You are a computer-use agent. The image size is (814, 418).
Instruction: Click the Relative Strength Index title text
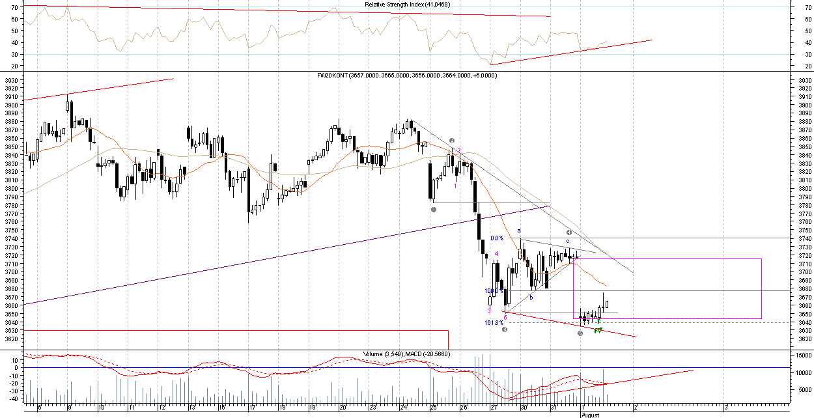tap(406, 5)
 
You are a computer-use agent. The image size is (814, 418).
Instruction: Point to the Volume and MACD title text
tap(407, 354)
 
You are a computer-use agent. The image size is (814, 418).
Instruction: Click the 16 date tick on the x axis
tap(221, 408)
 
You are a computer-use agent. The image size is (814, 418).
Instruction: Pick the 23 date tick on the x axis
tap(372, 408)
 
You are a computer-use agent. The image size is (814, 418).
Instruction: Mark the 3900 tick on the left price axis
tap(12, 105)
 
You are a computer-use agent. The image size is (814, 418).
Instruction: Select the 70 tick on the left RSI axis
tap(14, 7)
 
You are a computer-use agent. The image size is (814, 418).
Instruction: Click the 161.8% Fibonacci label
tap(494, 322)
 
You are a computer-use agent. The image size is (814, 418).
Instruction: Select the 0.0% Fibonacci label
tap(497, 238)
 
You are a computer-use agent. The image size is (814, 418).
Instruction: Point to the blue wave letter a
tap(519, 230)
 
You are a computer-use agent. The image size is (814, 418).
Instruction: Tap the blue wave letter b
tap(531, 298)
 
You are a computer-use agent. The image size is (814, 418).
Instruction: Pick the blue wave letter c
tap(568, 241)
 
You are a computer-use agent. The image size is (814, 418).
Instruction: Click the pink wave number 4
tap(497, 254)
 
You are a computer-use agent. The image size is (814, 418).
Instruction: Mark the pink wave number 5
tap(505, 318)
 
